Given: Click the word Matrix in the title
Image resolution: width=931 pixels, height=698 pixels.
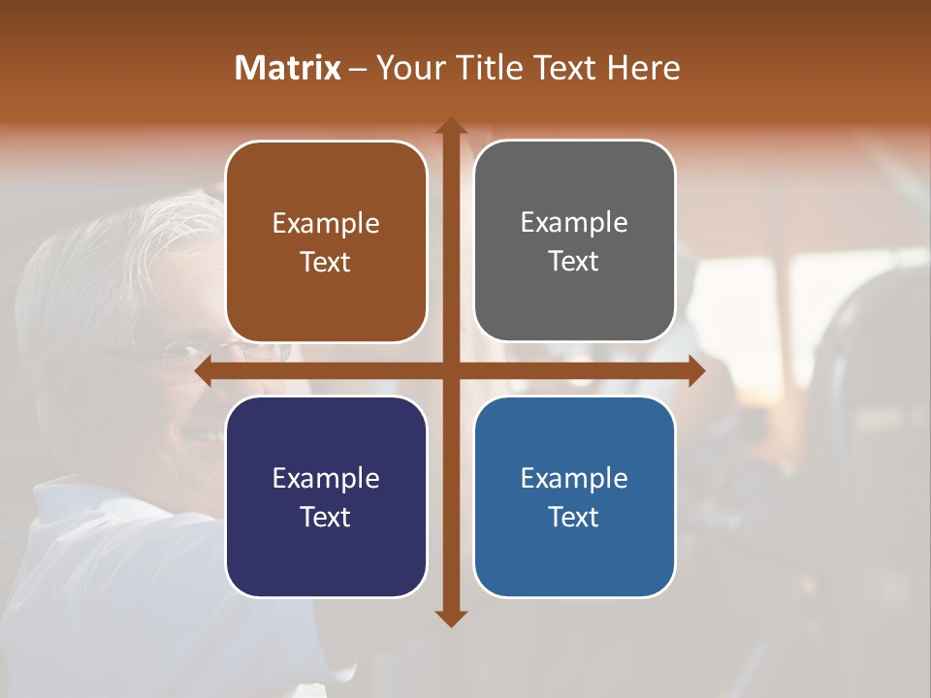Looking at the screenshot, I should (x=288, y=68).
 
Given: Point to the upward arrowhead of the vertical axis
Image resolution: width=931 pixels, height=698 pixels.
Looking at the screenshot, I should (x=451, y=126).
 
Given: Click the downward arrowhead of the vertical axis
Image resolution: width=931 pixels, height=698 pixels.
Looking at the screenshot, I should (x=451, y=618).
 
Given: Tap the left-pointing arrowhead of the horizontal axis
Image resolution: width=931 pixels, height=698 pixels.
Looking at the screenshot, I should (x=204, y=370).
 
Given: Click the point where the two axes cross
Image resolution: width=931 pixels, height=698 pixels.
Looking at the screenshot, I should (x=451, y=370).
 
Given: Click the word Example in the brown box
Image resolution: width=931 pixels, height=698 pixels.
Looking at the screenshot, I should (x=326, y=224).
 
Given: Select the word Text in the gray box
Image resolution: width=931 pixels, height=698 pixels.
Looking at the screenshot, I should (x=574, y=261).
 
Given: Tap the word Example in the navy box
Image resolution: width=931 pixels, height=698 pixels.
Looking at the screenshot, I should (x=326, y=478).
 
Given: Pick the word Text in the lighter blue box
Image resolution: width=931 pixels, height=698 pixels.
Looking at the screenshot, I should (x=574, y=517).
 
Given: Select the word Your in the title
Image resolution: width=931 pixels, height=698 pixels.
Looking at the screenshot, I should (x=407, y=68).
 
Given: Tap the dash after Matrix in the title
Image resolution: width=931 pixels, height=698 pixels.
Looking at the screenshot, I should (x=358, y=69).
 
